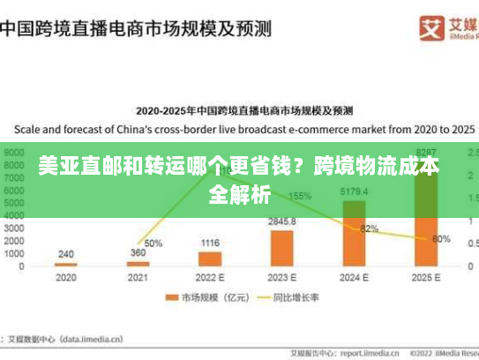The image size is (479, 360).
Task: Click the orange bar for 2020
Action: coord(66,264)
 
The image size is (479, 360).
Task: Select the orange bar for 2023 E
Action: coord(282,248)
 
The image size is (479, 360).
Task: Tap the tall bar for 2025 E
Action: coord(427,212)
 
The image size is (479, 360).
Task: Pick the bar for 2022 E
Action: coord(210,259)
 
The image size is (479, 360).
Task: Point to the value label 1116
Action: coord(210,243)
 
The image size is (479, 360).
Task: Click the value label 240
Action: coord(66,254)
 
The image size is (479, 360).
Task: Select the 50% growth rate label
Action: coord(153,243)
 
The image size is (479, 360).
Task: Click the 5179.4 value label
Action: coord(354,191)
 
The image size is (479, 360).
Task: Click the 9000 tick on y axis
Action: coord(13,152)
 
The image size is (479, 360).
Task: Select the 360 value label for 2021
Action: coord(138,252)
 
